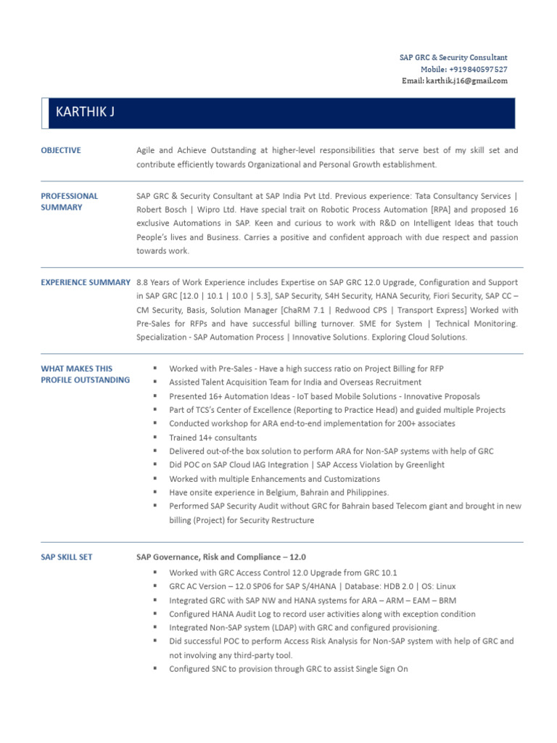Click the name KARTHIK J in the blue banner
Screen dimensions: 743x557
85,112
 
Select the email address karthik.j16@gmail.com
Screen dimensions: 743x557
466,81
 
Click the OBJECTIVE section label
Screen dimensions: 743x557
61,150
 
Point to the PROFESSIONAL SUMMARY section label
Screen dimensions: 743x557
70,201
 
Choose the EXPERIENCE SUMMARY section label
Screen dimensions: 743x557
86,282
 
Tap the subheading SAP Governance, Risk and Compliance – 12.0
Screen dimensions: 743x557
221,557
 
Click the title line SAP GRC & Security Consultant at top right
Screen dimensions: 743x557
453,57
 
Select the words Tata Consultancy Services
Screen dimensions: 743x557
461,196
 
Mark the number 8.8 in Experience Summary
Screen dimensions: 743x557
142,282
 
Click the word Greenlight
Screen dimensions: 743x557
423,465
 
